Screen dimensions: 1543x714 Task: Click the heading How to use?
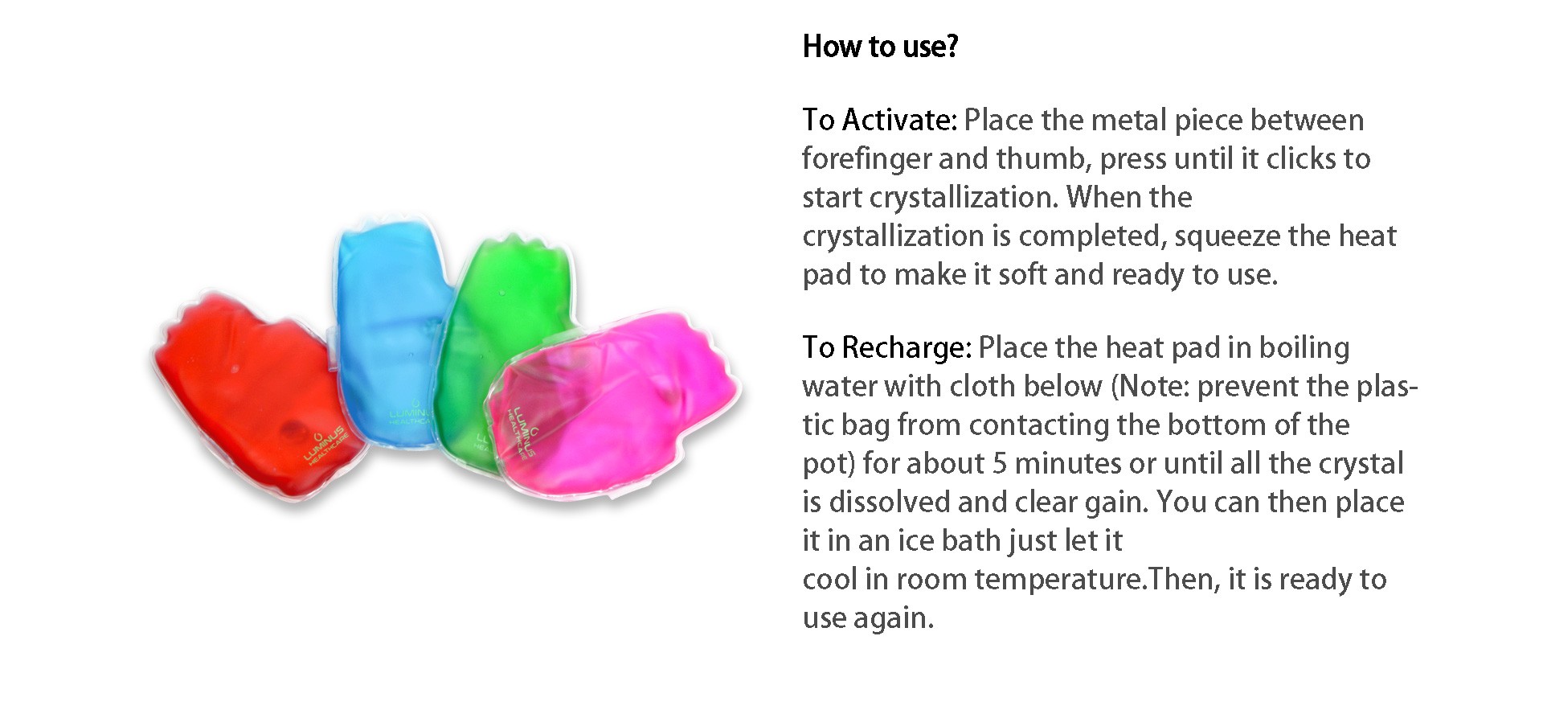click(880, 47)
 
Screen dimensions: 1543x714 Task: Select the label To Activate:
click(880, 120)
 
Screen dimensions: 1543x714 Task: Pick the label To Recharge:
click(887, 347)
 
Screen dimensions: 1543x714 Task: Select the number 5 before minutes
click(1000, 463)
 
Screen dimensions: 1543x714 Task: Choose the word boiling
click(1304, 347)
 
